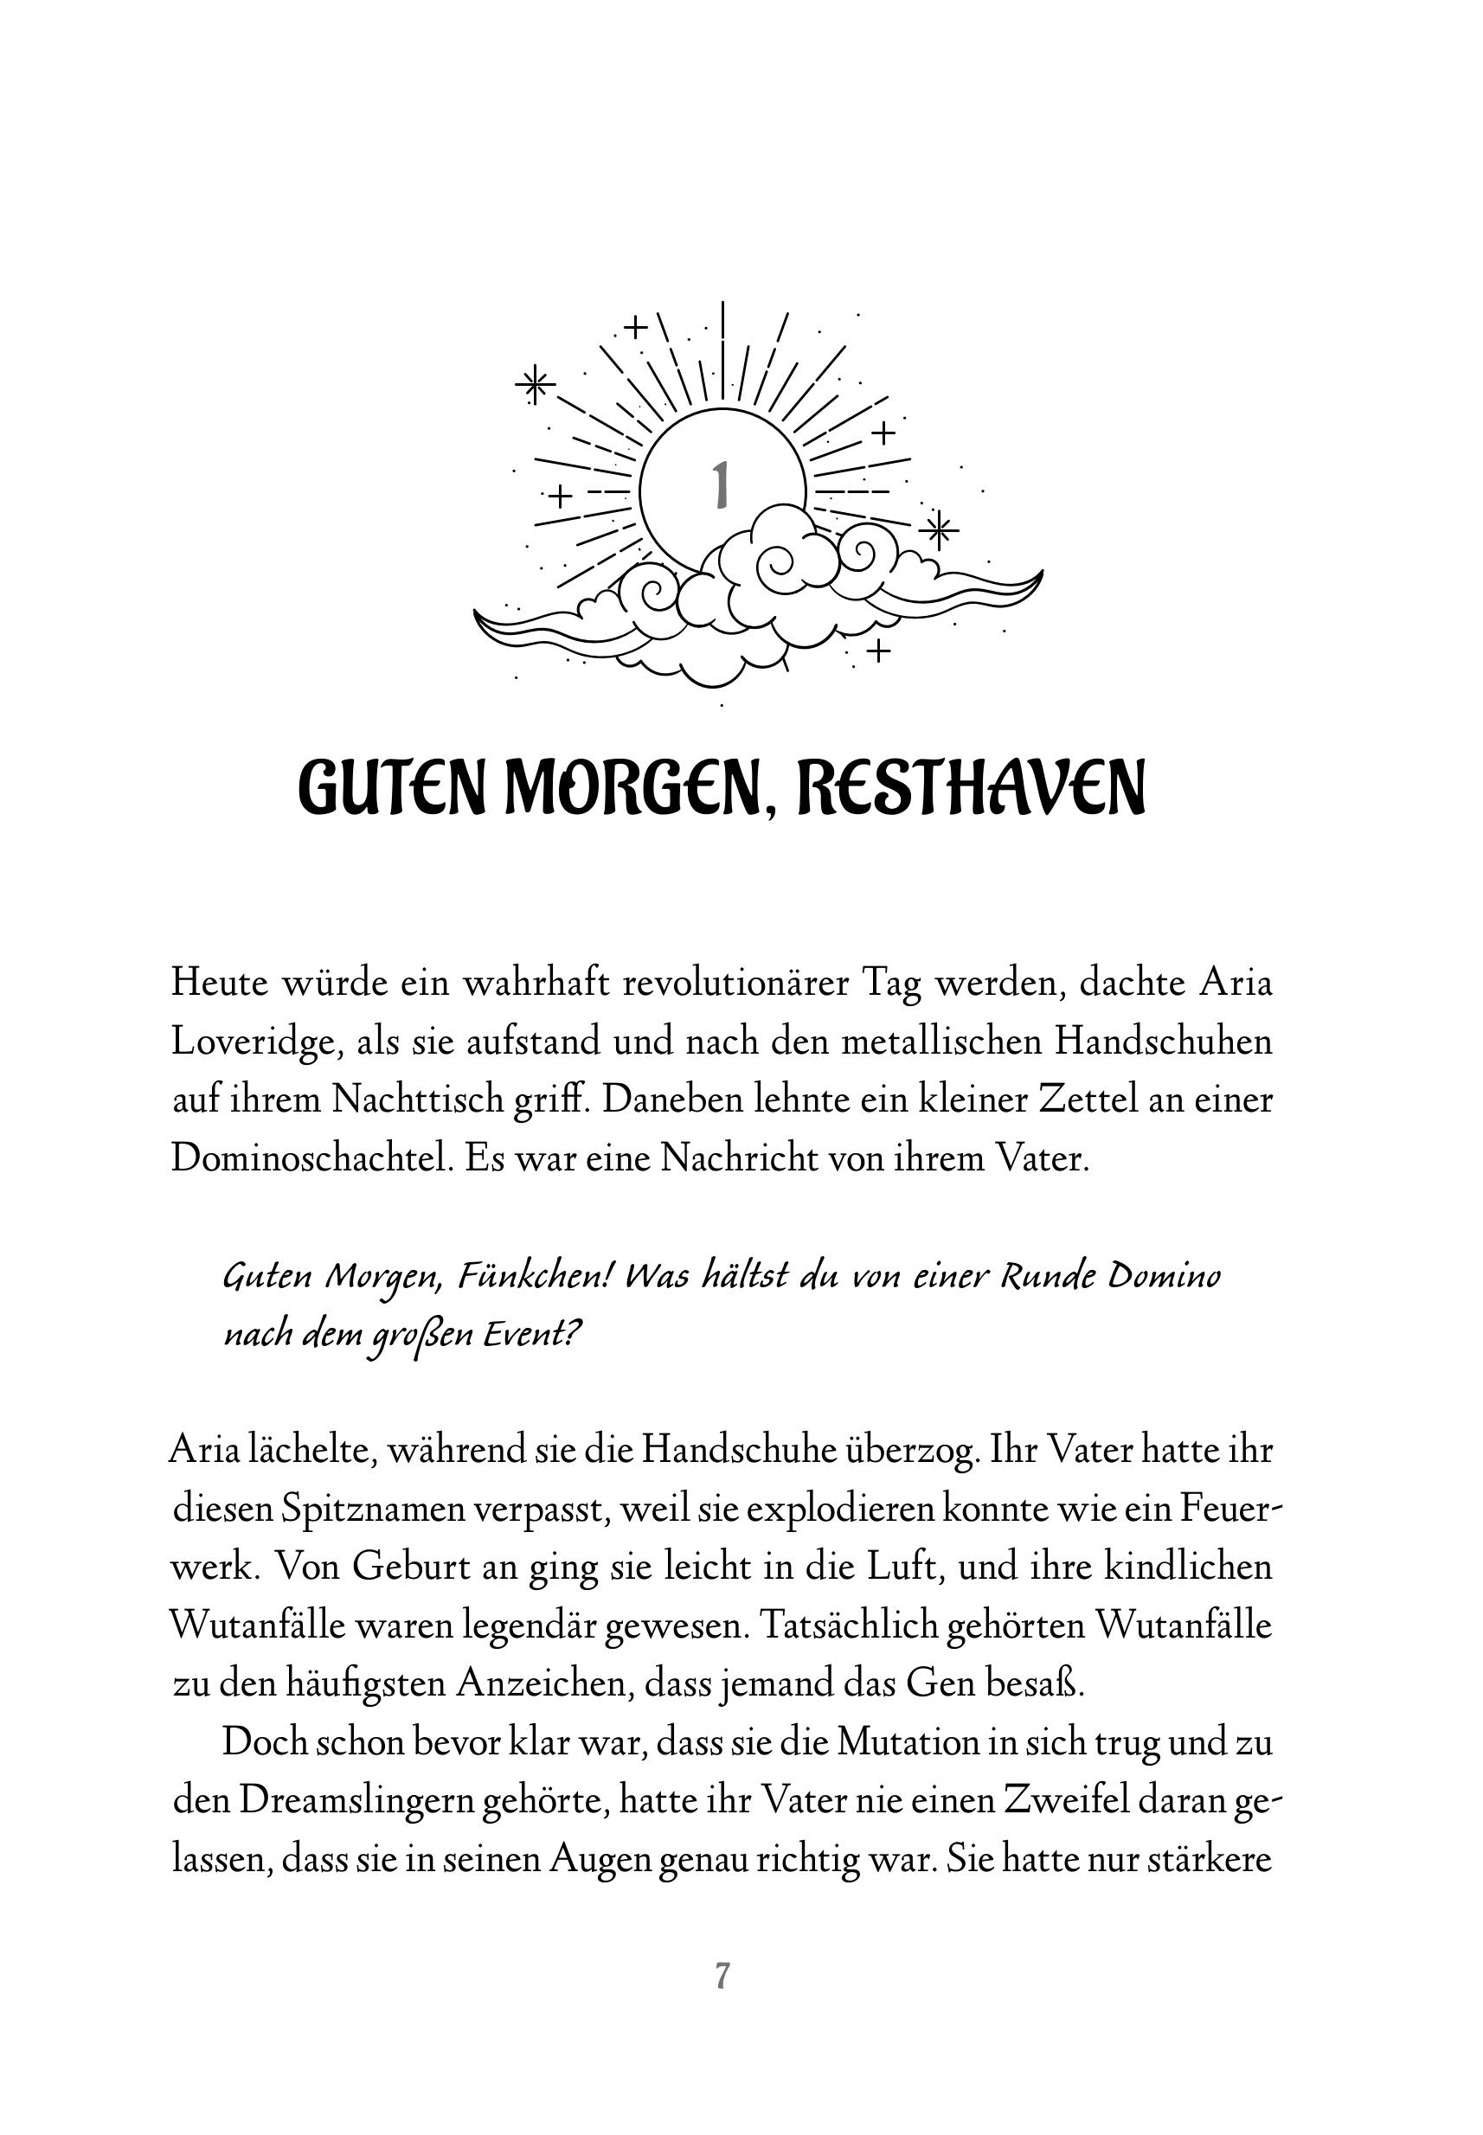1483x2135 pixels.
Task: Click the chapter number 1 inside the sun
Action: tap(719, 485)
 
